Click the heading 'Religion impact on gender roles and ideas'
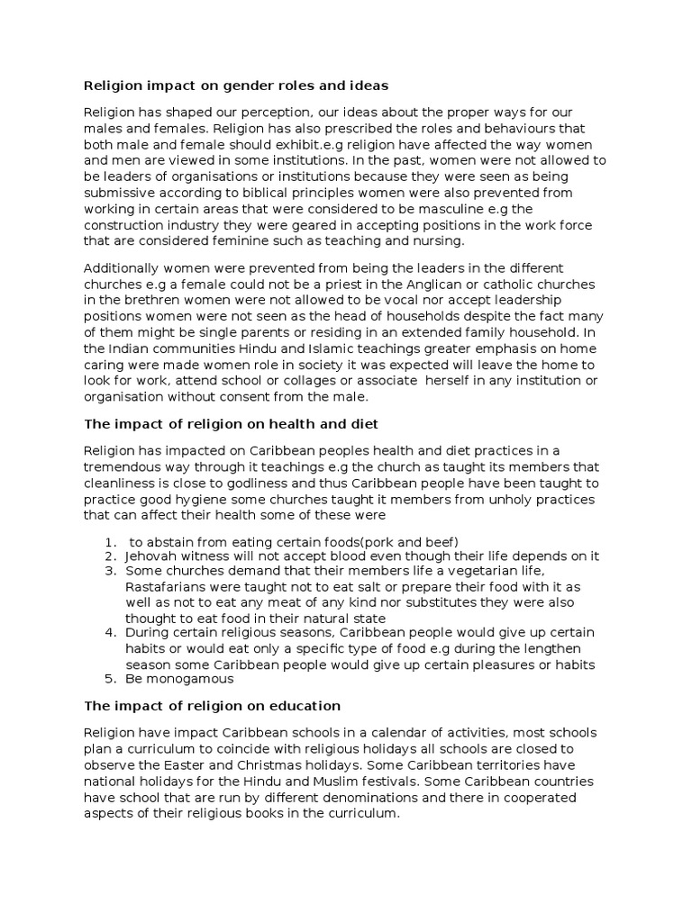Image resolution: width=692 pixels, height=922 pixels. (236, 86)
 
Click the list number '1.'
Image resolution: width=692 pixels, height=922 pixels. (110, 540)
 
